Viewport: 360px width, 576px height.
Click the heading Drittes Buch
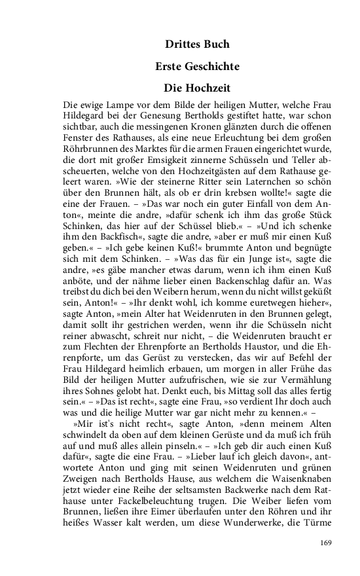tap(198, 45)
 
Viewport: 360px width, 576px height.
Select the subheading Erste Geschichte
tap(198, 66)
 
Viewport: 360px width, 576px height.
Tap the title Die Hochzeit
tap(198, 87)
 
